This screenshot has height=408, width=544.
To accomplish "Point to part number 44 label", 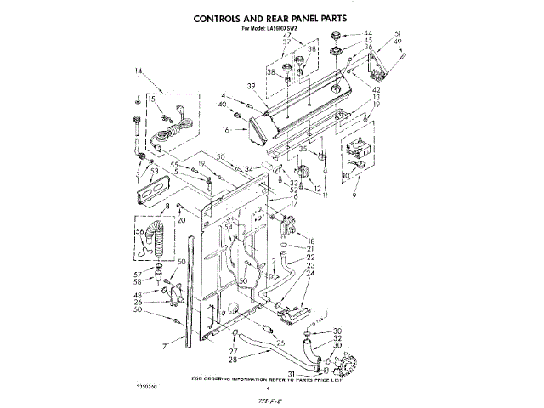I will pyautogui.click(x=367, y=32).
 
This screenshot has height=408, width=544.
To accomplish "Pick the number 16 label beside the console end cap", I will pyautogui.click(x=227, y=130).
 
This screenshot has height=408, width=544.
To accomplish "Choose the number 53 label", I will pyautogui.click(x=154, y=171).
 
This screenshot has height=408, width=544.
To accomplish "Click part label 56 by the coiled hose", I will pyautogui.click(x=139, y=230).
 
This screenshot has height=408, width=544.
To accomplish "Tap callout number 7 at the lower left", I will pyautogui.click(x=164, y=347).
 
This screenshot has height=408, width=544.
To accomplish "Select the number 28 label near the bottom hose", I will pyautogui.click(x=231, y=360).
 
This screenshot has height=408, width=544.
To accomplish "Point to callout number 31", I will pyautogui.click(x=291, y=371).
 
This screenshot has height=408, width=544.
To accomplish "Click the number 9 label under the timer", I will pyautogui.click(x=353, y=195).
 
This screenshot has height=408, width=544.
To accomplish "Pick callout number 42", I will pyautogui.click(x=376, y=89).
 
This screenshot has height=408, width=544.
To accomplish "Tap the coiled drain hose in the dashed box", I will pyautogui.click(x=158, y=238).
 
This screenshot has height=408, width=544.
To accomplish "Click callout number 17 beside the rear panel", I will pyautogui.click(x=294, y=204).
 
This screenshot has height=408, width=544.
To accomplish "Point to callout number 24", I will pyautogui.click(x=311, y=274).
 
